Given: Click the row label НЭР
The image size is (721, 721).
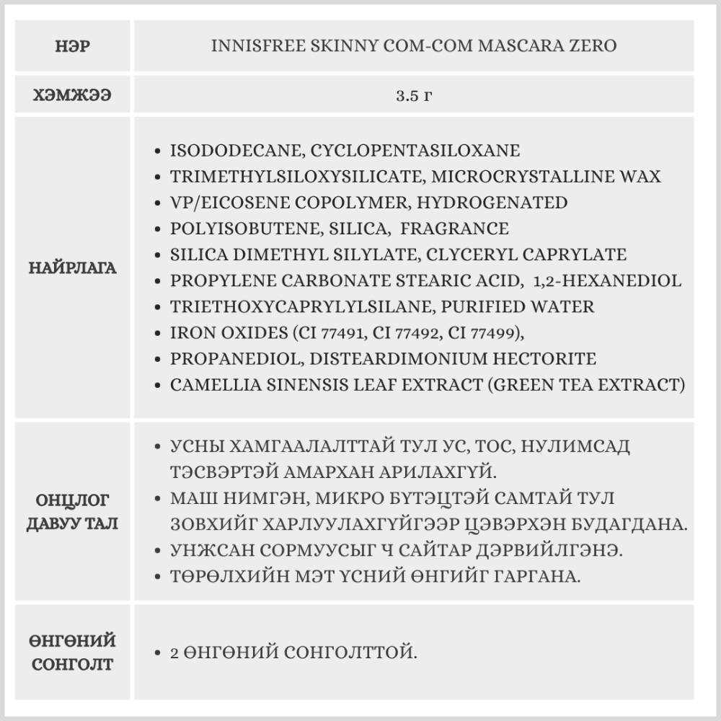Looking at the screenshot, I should pyautogui.click(x=73, y=46).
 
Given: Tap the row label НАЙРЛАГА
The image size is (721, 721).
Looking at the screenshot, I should pyautogui.click(x=73, y=268).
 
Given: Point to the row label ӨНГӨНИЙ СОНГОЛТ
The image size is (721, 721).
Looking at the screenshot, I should pyautogui.click(x=73, y=652).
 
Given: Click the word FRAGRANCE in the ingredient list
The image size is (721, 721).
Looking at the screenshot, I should pyautogui.click(x=454, y=229).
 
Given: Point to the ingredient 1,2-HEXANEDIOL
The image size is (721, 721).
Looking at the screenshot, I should pyautogui.click(x=607, y=280).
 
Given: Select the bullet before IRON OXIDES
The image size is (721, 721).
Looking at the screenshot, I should pyautogui.click(x=158, y=333).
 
